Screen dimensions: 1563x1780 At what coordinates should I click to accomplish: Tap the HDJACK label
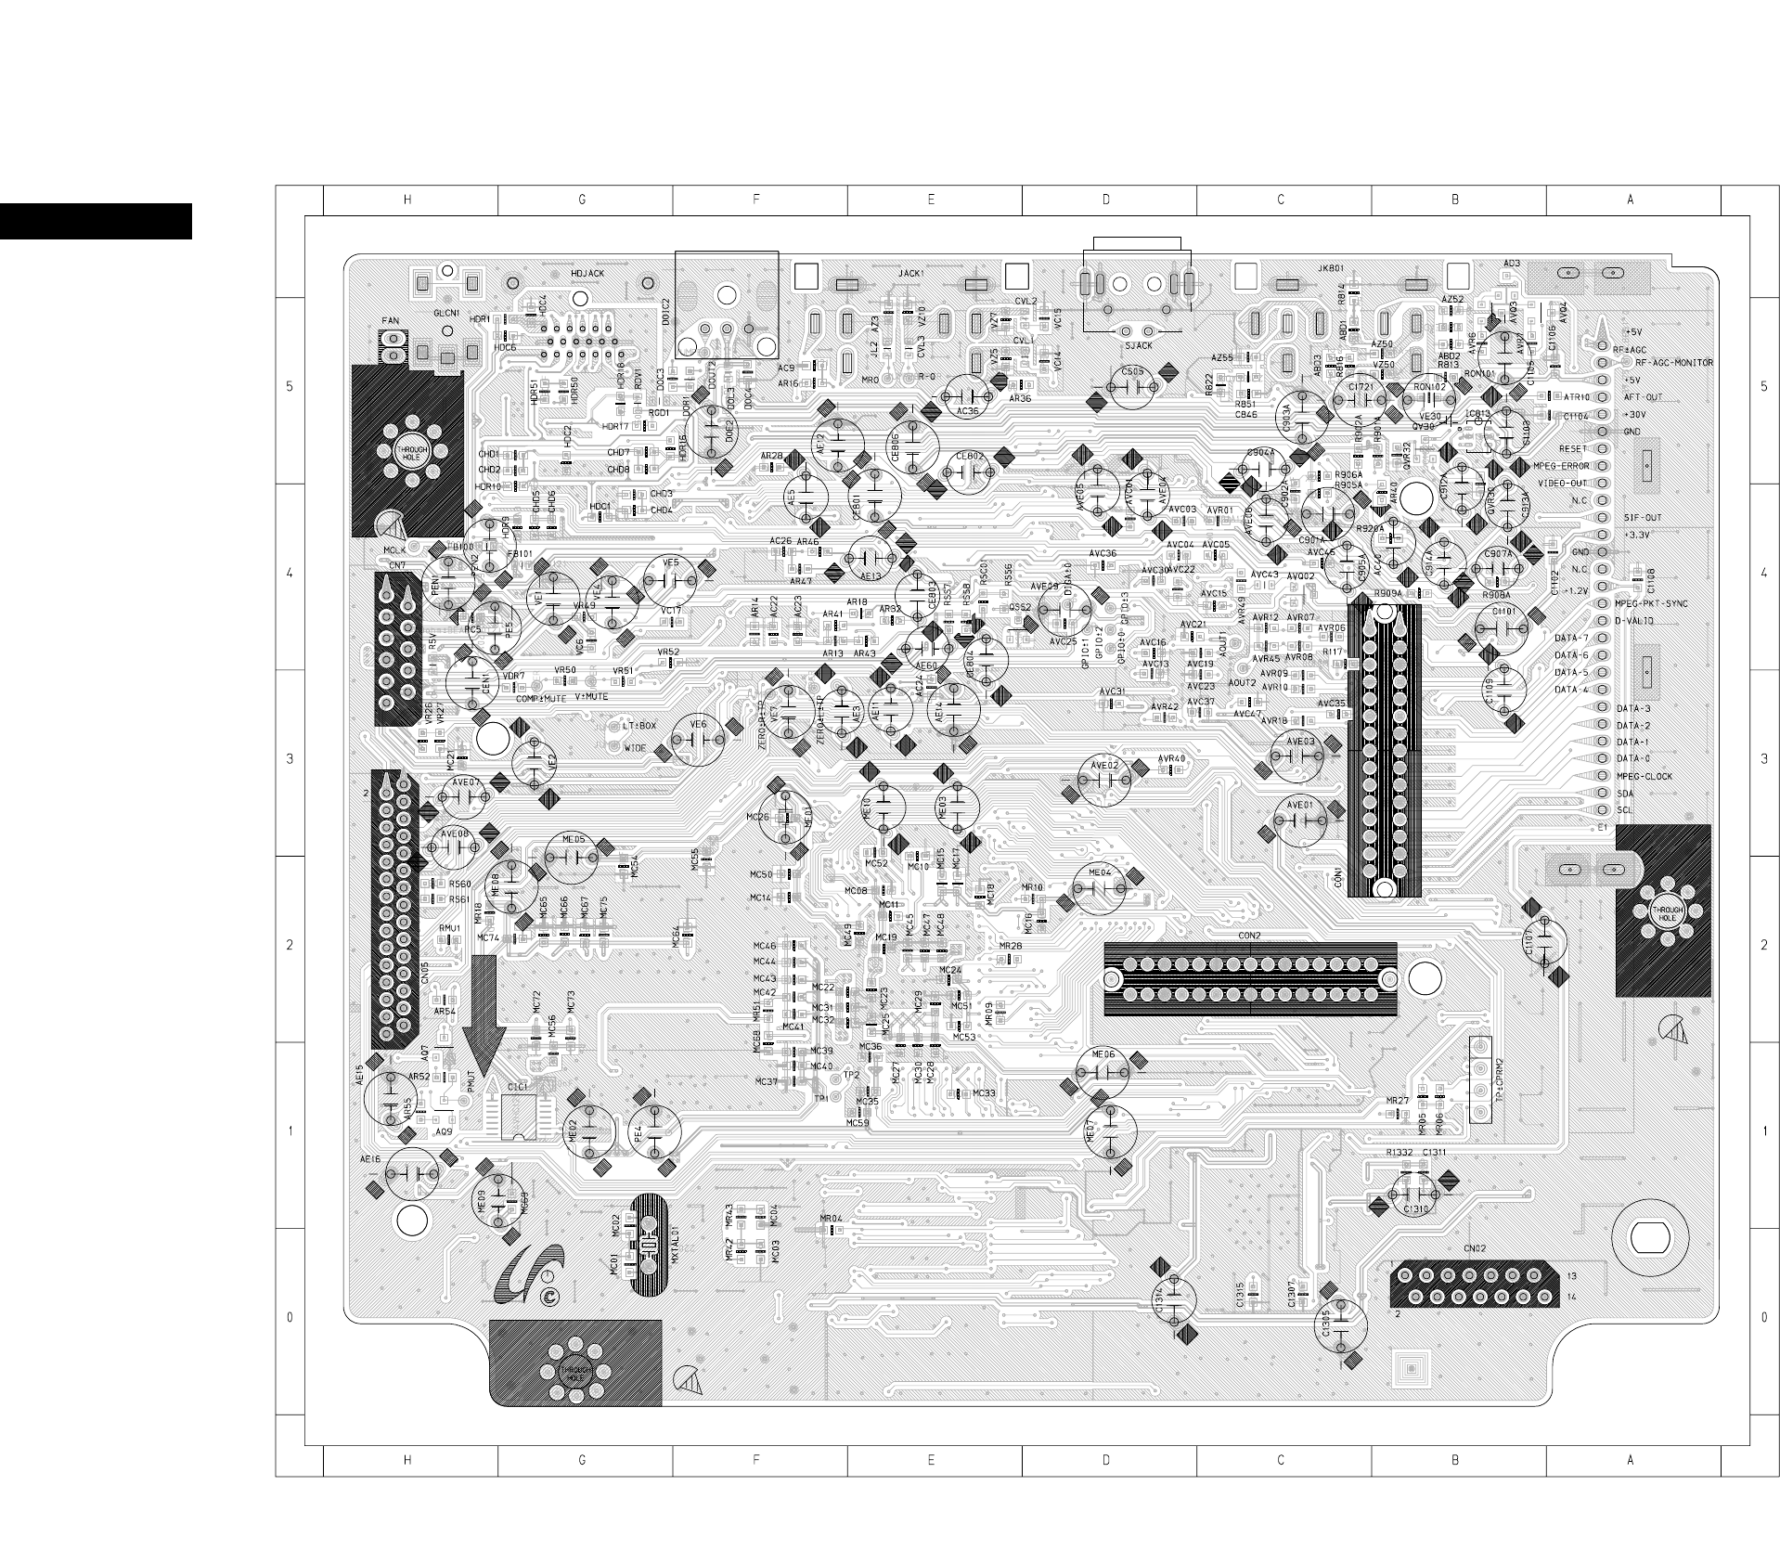588,274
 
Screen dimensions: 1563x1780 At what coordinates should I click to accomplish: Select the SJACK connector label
1138,346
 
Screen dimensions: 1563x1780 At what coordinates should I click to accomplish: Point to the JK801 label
1330,269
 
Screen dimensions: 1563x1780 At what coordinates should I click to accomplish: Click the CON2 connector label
1249,936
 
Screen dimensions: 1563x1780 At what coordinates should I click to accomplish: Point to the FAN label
390,321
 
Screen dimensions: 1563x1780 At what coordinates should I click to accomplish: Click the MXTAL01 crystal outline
648,1246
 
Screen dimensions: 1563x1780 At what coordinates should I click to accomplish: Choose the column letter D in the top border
1105,200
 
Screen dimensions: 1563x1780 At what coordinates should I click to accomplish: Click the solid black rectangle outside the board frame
96,221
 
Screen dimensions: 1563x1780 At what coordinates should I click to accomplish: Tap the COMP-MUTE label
540,699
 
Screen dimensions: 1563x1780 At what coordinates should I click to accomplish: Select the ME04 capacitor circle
1099,887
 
